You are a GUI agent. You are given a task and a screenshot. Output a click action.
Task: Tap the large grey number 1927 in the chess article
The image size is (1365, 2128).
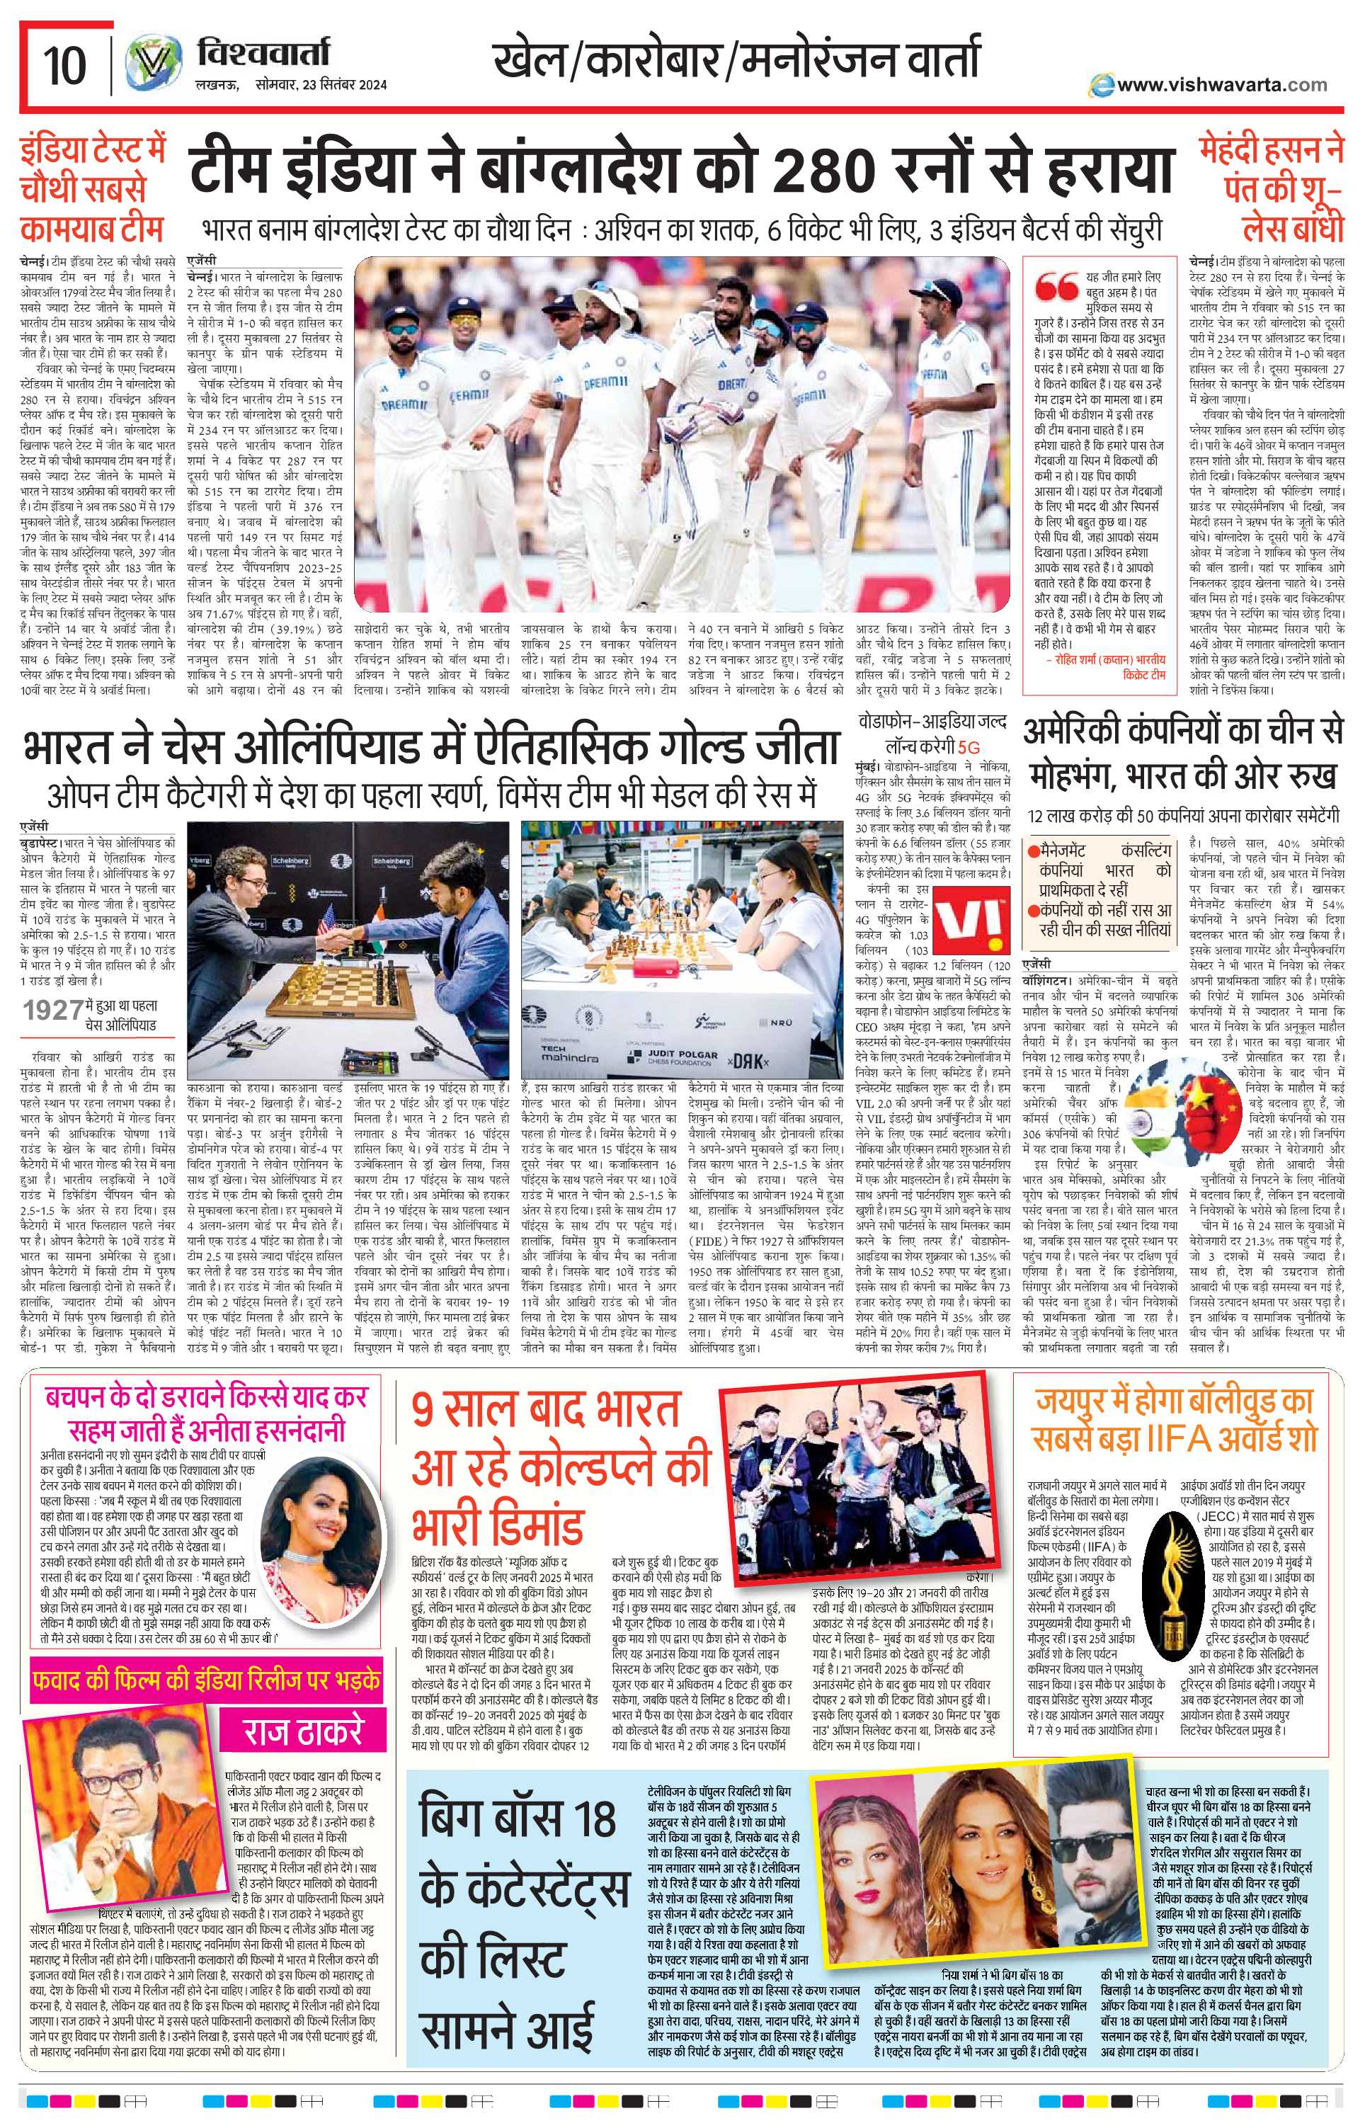[54, 1010]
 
